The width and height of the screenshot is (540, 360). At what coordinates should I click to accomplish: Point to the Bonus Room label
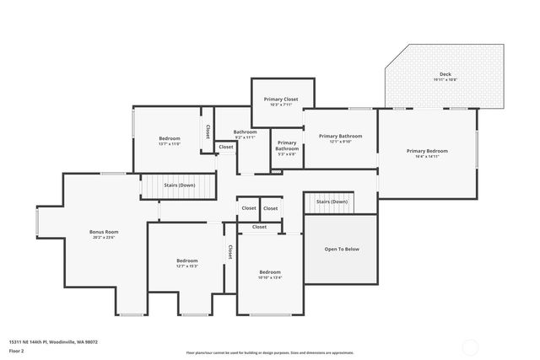pos(104,234)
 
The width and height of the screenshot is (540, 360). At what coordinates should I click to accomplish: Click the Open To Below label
pos(342,249)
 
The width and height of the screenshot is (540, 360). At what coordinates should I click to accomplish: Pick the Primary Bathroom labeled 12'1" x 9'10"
pos(340,138)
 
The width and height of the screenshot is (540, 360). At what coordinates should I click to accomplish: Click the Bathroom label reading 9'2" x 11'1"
pos(245,134)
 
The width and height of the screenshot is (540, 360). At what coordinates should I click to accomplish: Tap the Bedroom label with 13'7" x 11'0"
pos(170,140)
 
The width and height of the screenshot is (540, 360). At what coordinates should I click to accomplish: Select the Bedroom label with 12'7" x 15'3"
pos(186,263)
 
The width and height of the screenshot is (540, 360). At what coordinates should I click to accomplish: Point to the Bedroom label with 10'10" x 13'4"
pos(270,274)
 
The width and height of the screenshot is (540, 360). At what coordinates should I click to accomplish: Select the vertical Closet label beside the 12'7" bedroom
pos(229,252)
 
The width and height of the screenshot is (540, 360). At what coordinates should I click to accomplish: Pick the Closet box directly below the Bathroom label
pos(226,147)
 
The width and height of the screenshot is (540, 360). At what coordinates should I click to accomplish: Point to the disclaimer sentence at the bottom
pos(270,352)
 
